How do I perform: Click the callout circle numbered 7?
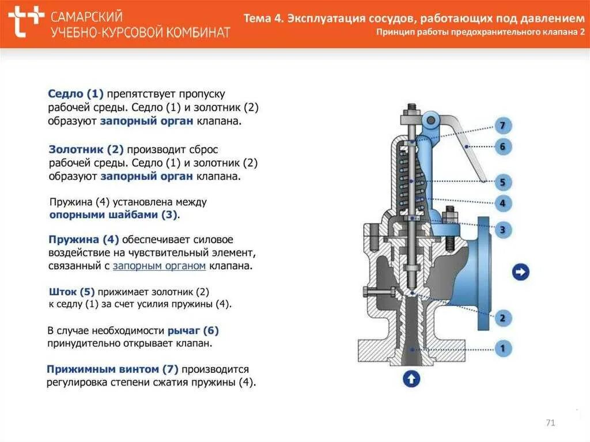(x=502, y=126)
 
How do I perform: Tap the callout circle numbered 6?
(x=502, y=147)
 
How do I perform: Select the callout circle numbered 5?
(x=502, y=183)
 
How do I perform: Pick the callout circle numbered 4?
(x=502, y=203)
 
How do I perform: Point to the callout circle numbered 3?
(x=502, y=231)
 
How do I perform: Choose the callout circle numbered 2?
(x=502, y=318)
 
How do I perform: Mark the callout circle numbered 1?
(x=502, y=348)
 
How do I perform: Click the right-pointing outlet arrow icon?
(x=521, y=272)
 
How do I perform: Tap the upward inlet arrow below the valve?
(x=411, y=379)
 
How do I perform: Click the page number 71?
(x=550, y=424)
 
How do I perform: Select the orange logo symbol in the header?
(x=27, y=22)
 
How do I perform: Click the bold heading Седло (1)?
(x=75, y=93)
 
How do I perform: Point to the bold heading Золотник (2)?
(x=86, y=149)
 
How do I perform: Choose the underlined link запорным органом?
(x=159, y=266)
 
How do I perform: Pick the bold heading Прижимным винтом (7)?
(x=112, y=369)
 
